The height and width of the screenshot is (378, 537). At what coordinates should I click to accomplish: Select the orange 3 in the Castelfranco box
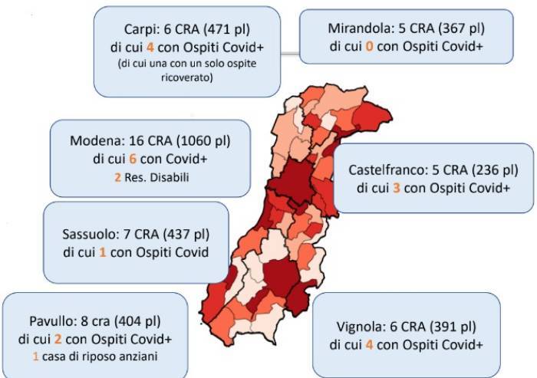pos(396,187)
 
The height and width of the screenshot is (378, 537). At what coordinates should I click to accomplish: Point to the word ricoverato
pos(186,77)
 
